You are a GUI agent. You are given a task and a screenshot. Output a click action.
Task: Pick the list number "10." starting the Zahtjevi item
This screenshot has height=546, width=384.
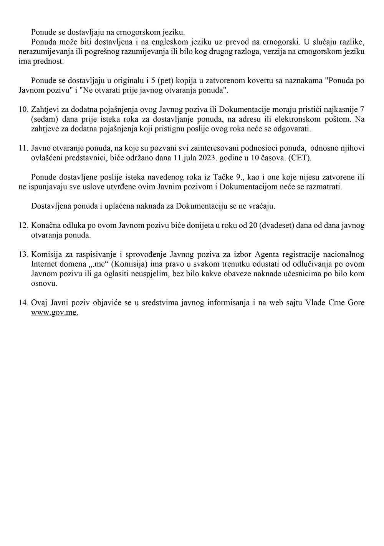[24, 109]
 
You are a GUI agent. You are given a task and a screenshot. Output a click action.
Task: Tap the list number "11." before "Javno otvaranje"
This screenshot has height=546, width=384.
[24, 148]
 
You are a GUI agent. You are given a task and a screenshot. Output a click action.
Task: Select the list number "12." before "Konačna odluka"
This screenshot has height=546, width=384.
[24, 225]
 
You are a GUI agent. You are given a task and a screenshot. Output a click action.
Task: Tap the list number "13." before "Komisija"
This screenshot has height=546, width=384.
[24, 254]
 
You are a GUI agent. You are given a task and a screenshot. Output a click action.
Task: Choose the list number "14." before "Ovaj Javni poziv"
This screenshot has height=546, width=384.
[24, 302]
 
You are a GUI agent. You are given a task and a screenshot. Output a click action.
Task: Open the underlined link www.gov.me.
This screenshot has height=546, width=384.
[55, 312]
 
